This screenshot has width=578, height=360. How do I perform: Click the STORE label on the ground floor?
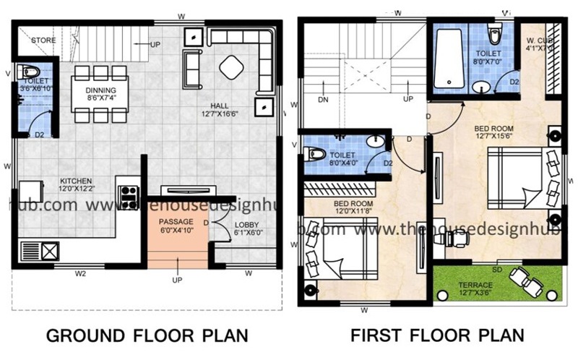(43, 40)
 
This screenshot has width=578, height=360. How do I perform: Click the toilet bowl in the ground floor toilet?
(29, 72)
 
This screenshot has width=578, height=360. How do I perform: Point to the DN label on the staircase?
(324, 99)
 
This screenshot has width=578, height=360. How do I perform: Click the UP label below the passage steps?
(176, 279)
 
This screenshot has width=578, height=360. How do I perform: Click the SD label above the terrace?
(497, 269)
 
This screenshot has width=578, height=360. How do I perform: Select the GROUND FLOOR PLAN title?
(147, 336)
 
